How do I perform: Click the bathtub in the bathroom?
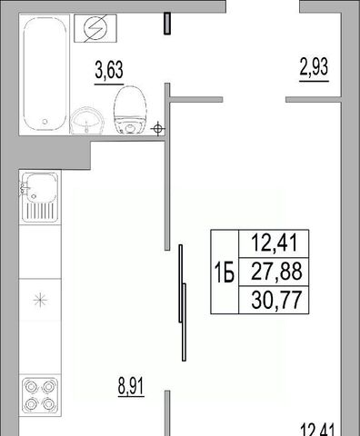(45, 74)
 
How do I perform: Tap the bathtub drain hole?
(45, 122)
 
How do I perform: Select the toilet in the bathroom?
(130, 110)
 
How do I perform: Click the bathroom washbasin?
(87, 121)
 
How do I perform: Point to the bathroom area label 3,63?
(109, 70)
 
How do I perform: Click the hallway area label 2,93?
(314, 67)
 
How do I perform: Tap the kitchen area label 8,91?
(131, 386)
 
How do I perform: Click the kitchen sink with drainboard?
(40, 197)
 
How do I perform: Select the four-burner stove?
(40, 396)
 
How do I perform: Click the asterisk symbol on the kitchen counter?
(40, 300)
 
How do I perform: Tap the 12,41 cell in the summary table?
(274, 243)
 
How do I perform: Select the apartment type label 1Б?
(225, 272)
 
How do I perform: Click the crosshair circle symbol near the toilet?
(157, 129)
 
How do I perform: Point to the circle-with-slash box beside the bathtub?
(95, 28)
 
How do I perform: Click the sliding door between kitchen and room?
(183, 302)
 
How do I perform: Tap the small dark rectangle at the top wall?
(167, 24)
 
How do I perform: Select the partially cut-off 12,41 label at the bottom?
(317, 430)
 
